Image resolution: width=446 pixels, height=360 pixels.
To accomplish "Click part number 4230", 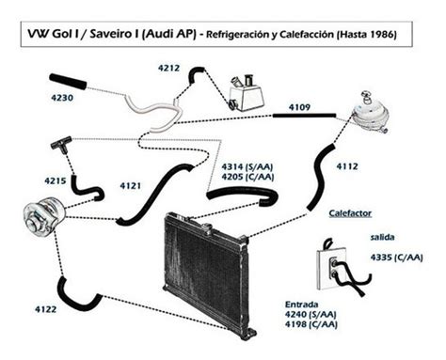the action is click(x=62, y=98).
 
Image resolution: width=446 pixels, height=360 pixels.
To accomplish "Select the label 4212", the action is click(x=168, y=68).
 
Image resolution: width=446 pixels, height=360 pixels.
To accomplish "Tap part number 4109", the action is click(x=299, y=107).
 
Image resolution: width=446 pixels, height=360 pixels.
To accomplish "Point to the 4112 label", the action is click(x=347, y=166).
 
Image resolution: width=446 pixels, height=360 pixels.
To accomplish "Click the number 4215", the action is click(x=56, y=180).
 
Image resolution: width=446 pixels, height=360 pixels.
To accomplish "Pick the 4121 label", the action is click(x=131, y=186).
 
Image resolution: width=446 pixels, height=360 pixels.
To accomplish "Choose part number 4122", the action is click(x=46, y=309).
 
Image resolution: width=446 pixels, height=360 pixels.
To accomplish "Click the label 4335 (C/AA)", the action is click(x=397, y=258).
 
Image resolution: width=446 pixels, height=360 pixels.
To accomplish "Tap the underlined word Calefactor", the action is click(x=350, y=213).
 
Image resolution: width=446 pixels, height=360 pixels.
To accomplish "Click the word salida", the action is click(x=382, y=237).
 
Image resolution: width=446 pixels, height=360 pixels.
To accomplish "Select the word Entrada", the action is click(x=301, y=305).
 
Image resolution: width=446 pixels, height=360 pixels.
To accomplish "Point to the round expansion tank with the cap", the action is click(x=370, y=115).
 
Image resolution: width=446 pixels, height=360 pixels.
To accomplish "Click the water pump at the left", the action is click(x=44, y=217).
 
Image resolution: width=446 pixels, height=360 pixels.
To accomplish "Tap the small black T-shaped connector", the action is click(x=61, y=145).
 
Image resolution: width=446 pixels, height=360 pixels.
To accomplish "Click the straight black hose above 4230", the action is click(x=68, y=82).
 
